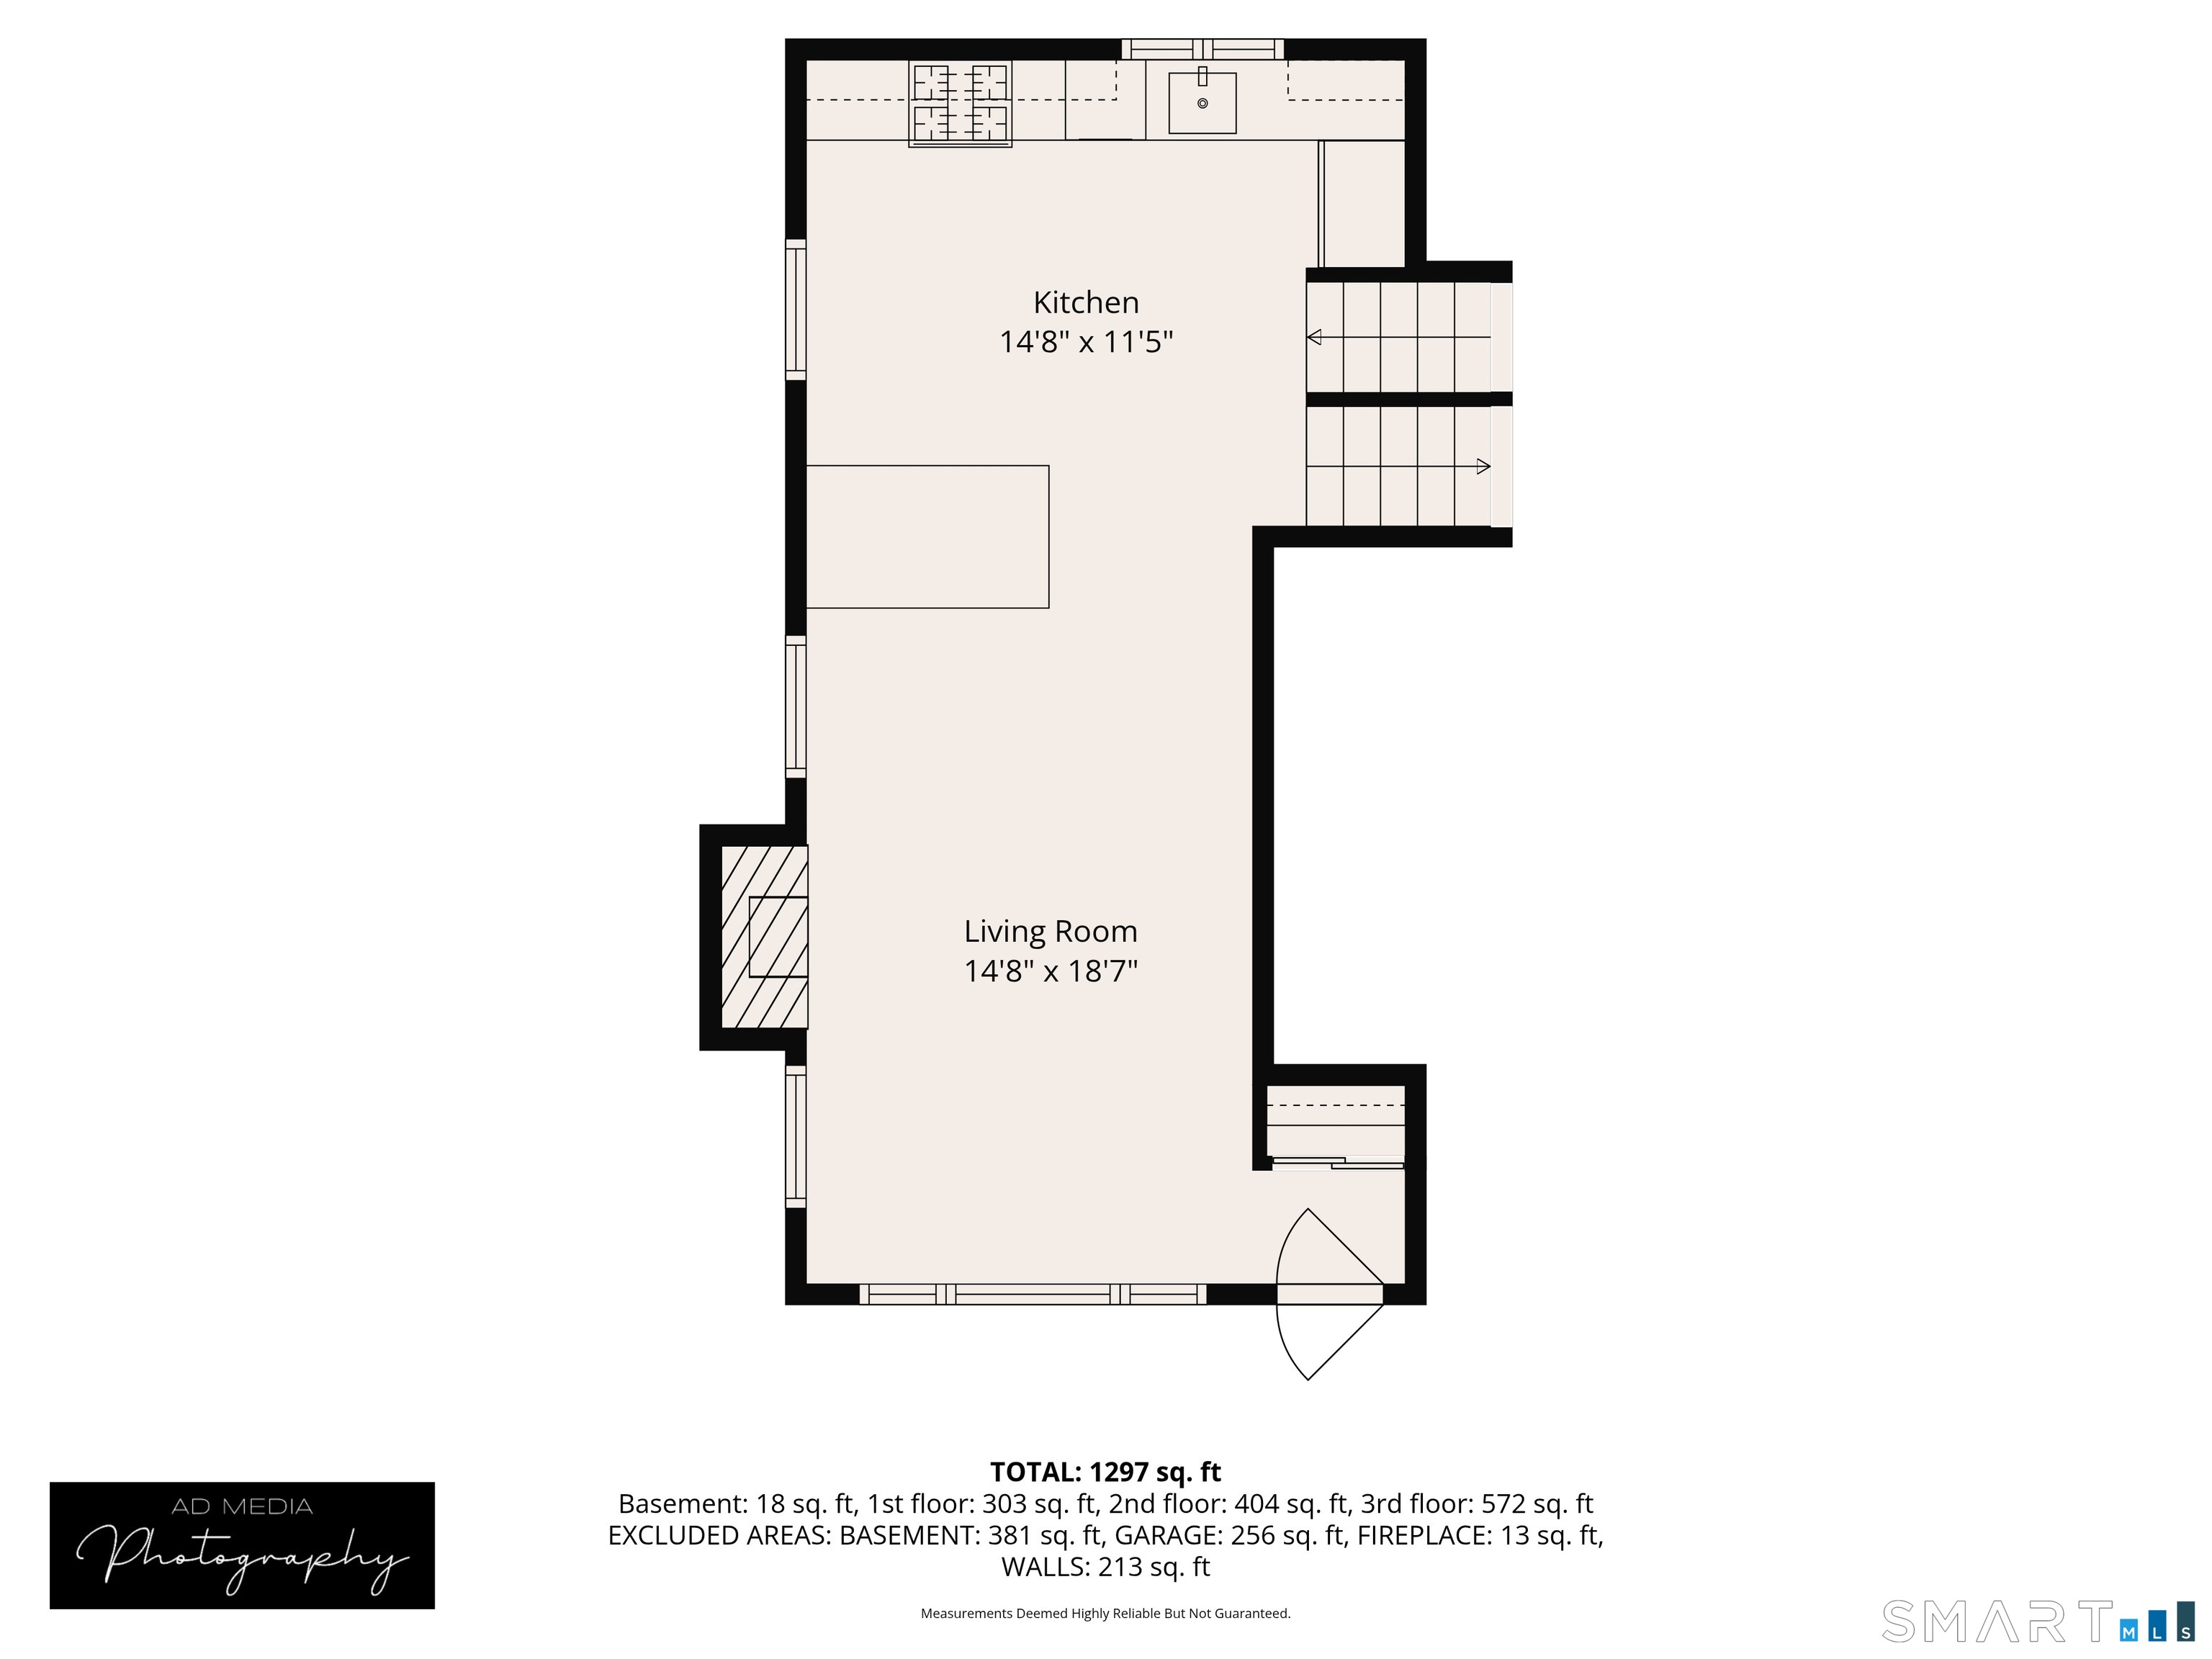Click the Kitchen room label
pos(1085,302)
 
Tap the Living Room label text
pos(1050,931)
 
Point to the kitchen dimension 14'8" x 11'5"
pos(1085,342)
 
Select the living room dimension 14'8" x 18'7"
pos(1050,971)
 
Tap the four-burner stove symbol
pos(960,103)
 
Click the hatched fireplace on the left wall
pos(764,937)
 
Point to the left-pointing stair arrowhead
pos(1314,337)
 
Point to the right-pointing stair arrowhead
pos(1483,466)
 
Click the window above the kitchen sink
pos(1202,49)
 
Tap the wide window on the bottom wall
pos(1033,1294)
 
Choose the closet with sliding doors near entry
pos(1335,1125)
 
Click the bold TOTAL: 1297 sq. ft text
pos(1105,1472)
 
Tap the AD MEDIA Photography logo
pos(242,1545)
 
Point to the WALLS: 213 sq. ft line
pos(1105,1567)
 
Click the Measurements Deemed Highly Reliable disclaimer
pos(1105,1613)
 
